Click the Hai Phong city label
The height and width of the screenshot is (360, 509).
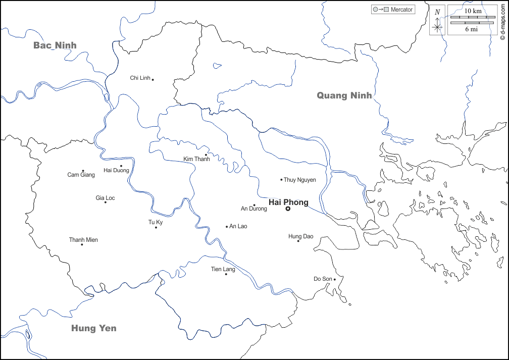(288, 202)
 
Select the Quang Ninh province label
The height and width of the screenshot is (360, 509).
(344, 95)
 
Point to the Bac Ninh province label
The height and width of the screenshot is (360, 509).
(55, 45)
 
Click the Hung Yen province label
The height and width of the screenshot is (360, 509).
(93, 328)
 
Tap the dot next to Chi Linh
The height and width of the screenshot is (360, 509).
(153, 79)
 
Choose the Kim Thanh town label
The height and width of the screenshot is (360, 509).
(196, 159)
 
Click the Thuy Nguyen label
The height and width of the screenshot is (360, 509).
(300, 180)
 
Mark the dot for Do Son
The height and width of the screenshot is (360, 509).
(335, 279)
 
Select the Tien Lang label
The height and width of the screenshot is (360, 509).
(223, 269)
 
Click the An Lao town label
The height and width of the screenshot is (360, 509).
(238, 227)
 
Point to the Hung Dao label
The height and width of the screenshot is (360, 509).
(301, 236)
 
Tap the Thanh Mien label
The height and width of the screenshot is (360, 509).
(83, 240)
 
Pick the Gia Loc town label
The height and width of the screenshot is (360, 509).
(105, 198)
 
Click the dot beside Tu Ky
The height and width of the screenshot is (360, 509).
(156, 227)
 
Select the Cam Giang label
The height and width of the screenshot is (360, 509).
(81, 175)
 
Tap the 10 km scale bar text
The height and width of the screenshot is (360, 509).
(472, 11)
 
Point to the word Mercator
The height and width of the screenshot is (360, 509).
(401, 10)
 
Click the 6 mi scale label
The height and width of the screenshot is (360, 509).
(472, 29)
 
